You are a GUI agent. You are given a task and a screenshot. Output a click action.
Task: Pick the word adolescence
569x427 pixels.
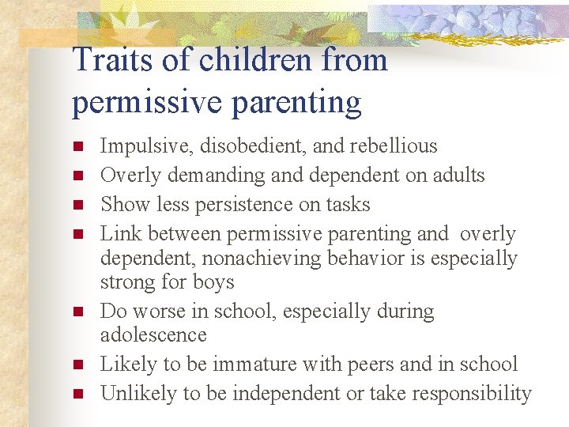click(153, 335)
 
